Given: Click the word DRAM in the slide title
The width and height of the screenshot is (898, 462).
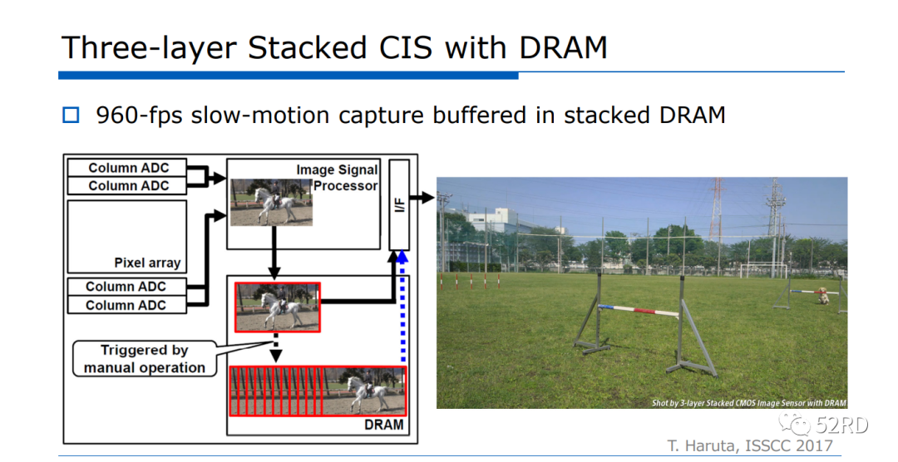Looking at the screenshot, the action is click(563, 47).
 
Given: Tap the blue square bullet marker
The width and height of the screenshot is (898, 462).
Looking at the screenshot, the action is click(71, 115).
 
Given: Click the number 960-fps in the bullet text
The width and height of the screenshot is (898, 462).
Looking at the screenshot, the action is click(139, 115).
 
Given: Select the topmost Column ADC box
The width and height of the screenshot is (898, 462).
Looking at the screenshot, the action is click(127, 168).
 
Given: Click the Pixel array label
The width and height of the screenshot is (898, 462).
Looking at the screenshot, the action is click(147, 263).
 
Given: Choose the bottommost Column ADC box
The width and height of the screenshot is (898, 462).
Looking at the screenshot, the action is click(127, 305).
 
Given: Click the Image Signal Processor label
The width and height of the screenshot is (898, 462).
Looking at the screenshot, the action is click(338, 178).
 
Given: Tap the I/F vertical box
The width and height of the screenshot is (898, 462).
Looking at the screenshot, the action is click(399, 204).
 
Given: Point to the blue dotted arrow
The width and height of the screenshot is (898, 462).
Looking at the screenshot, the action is click(402, 307).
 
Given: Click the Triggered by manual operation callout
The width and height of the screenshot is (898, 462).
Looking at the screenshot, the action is click(145, 358).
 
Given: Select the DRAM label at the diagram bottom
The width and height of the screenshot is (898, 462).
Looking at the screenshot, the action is click(383, 425).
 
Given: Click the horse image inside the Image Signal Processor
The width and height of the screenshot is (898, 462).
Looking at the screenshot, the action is click(271, 202).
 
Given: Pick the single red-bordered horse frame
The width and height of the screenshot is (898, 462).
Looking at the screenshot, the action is click(277, 307).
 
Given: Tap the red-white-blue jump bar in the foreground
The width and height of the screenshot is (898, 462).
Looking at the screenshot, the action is click(638, 311).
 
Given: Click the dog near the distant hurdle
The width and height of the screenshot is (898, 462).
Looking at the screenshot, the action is click(822, 296).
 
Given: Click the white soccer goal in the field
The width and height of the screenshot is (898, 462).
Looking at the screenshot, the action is click(763, 270).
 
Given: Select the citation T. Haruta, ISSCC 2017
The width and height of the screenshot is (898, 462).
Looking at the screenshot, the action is click(750, 445).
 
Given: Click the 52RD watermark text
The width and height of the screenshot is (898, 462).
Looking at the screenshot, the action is click(841, 425).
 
